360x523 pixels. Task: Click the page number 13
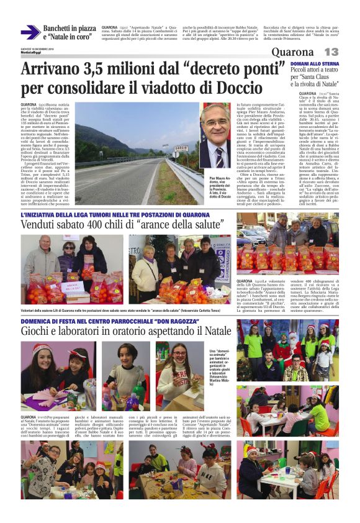click(x=331, y=52)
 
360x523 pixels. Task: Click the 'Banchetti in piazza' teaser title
click(x=70, y=29)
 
